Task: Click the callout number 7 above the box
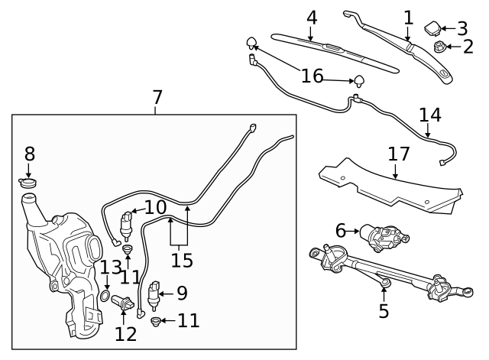coord(157,97)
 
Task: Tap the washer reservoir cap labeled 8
coord(28,183)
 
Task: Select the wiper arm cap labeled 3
coord(432,29)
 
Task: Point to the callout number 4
coord(311,17)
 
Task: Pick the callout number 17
coord(398,153)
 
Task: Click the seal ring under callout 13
coord(104,296)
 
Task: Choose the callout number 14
coord(429,115)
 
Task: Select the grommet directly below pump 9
coord(155,321)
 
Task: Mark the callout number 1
coord(408,17)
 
